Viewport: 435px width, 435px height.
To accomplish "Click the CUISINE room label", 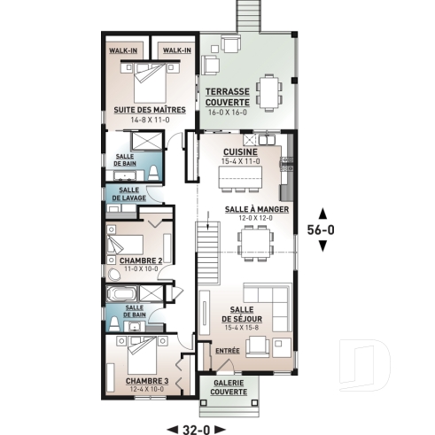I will pos(241,152).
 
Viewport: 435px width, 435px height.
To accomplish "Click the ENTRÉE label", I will pos(228,352).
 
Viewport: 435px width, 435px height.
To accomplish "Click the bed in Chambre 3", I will pos(142,355).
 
